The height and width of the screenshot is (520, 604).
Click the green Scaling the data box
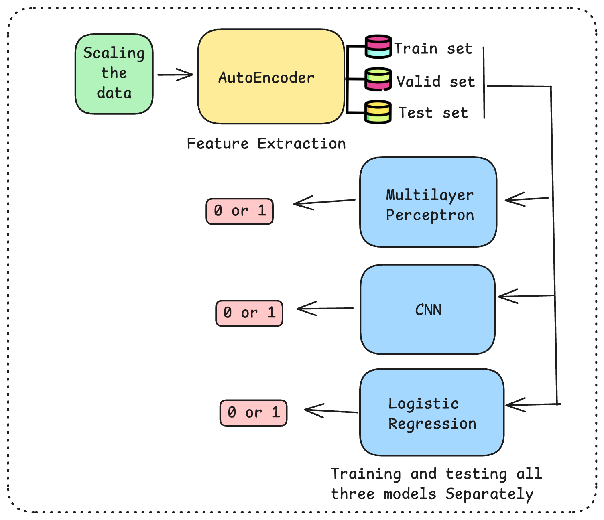coord(114,74)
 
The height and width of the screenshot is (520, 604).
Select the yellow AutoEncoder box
coord(271,77)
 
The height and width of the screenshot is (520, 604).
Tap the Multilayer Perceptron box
coord(428,202)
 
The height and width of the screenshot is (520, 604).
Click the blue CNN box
coord(428,309)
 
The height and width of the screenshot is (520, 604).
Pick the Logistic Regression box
coord(432,412)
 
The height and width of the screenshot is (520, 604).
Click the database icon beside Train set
coord(378,47)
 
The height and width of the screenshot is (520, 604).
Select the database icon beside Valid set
coord(378,79)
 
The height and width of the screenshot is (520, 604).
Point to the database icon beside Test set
coord(378,112)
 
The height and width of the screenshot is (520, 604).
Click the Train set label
coord(433,49)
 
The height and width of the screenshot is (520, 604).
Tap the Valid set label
coord(435,81)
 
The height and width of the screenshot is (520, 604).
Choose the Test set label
coord(433,113)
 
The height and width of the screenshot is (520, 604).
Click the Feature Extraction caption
coord(266,144)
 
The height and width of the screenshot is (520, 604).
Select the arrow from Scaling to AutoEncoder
coord(175,75)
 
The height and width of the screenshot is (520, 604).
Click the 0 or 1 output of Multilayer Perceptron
coord(240,211)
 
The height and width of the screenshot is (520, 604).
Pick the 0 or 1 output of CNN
coord(249,313)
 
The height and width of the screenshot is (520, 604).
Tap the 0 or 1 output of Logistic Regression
coord(254,413)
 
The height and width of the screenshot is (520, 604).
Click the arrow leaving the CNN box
coord(325,309)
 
